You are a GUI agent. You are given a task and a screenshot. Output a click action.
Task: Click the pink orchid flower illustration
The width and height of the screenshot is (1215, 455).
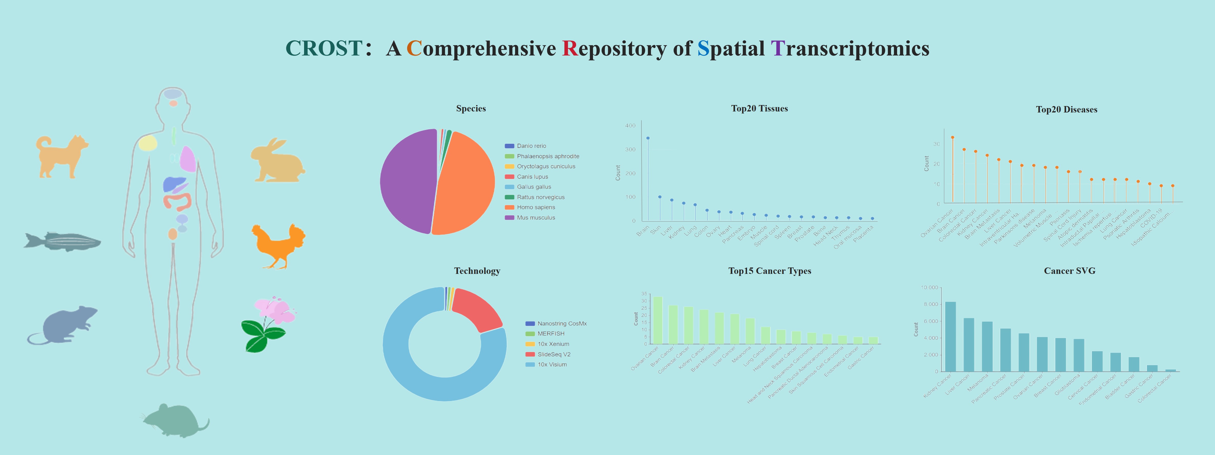pos(274,311)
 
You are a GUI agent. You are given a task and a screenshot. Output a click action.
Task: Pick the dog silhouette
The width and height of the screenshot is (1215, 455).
pos(61,156)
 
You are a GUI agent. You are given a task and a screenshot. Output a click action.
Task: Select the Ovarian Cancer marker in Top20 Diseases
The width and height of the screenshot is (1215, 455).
pos(952,138)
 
